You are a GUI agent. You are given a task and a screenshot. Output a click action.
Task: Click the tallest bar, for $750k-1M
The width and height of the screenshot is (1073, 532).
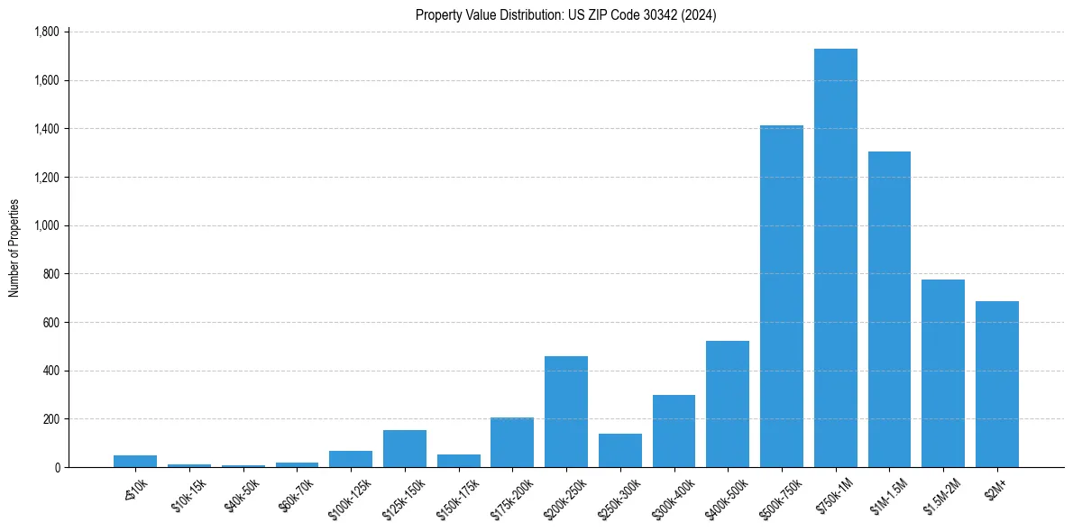click(835, 258)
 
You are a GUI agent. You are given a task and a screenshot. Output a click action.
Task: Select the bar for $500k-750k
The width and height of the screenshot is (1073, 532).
click(781, 297)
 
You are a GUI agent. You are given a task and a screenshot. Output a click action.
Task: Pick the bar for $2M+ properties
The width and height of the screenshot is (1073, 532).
click(996, 384)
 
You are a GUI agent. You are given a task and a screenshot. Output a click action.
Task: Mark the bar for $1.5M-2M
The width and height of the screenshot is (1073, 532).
click(943, 373)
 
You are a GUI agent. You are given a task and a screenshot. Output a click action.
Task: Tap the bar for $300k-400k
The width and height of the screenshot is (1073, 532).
click(674, 431)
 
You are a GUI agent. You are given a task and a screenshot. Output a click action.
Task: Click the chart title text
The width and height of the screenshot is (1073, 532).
click(566, 15)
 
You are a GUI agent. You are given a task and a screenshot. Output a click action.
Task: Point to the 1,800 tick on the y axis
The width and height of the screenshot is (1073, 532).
click(46, 32)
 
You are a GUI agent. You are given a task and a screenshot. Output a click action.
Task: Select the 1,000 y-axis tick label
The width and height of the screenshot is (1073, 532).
click(46, 225)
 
